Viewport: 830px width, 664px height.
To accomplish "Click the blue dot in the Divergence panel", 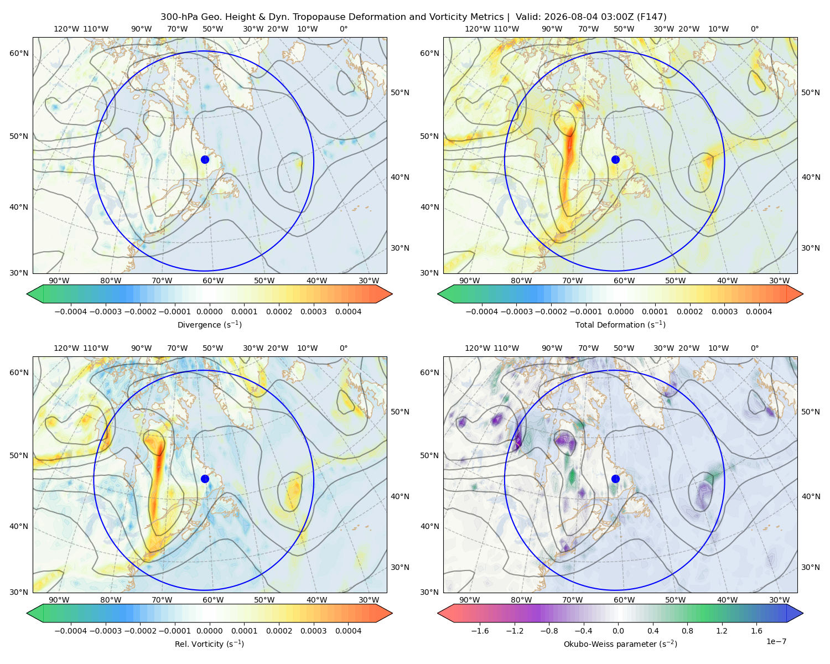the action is [205, 159].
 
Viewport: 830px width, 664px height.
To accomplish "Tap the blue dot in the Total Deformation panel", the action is [615, 159].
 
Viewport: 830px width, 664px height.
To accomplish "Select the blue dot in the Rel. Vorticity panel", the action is [205, 479].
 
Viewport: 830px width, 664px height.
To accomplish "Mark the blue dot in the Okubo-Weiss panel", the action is [615, 479].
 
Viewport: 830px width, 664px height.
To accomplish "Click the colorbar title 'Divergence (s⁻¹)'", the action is [209, 324].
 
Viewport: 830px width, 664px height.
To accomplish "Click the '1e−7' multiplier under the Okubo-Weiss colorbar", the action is [776, 641].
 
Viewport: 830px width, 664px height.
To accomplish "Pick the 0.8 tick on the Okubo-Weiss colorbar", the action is [687, 630].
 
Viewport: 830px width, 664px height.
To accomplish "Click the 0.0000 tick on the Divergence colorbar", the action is [209, 312].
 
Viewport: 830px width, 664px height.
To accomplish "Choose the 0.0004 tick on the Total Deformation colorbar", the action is [759, 312].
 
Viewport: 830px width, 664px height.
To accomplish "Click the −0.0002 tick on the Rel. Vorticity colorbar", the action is [140, 630].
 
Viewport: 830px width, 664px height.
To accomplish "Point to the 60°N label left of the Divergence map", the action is [19, 53].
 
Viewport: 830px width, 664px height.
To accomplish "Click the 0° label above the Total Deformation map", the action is [754, 29].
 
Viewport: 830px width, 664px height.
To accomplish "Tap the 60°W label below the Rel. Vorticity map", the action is [213, 600].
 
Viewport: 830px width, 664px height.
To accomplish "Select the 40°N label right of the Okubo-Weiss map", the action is [811, 496].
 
